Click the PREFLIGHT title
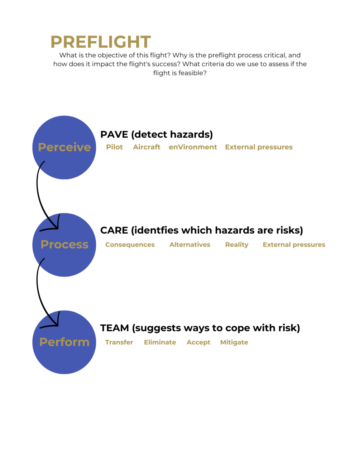[101, 42]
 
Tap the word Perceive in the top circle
[64, 147]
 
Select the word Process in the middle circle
[64, 244]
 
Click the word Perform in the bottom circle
[64, 342]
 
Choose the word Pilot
[114, 147]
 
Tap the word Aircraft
[147, 147]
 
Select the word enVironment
[193, 147]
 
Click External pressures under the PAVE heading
[259, 147]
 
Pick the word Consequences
[130, 245]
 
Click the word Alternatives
[190, 245]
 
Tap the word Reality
[237, 245]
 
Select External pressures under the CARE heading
[294, 245]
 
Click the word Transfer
[119, 342]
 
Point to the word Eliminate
[160, 342]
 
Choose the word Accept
[198, 342]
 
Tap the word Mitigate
[234, 342]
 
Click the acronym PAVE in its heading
[114, 134]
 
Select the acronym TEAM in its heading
[115, 328]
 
